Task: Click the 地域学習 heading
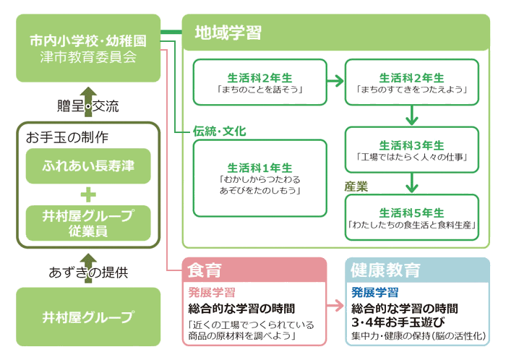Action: point(228,33)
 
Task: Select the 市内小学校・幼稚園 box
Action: point(88,48)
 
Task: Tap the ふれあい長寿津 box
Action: point(88,166)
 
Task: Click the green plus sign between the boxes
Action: point(88,194)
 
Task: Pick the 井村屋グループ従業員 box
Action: point(88,223)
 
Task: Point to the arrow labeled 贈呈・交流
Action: point(88,102)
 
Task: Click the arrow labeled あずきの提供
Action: point(88,268)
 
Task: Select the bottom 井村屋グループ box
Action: point(88,317)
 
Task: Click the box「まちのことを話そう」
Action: point(260,82)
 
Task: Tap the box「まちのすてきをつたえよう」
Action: point(412,82)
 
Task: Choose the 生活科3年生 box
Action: point(412,150)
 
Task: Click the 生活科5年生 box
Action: point(412,217)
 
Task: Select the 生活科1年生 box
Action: point(260,178)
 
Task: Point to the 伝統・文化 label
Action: point(220,132)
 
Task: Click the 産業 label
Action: point(356,187)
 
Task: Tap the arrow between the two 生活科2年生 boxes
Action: point(335,81)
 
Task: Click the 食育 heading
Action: point(205,270)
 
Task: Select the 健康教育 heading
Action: point(385,270)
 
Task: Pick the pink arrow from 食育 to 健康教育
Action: point(335,305)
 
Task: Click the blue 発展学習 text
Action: point(374,293)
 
